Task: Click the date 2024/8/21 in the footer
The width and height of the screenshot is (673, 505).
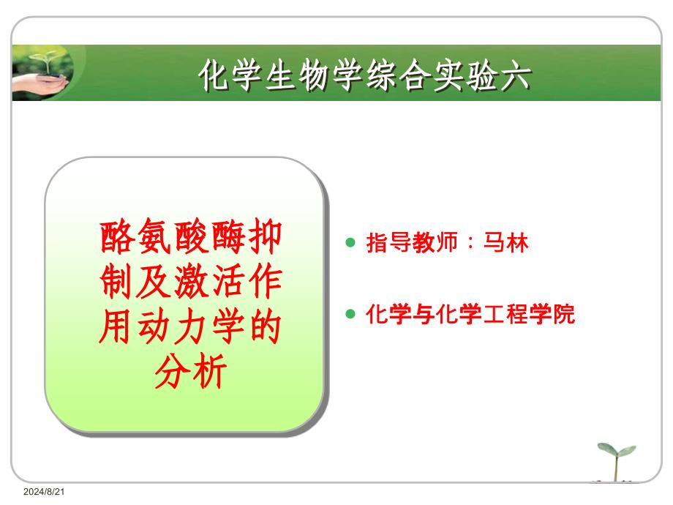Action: [44, 492]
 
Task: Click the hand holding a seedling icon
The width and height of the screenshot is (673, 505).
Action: [42, 73]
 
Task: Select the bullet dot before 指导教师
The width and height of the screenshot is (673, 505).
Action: [350, 243]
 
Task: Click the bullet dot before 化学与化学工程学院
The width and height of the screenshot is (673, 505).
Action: [350, 314]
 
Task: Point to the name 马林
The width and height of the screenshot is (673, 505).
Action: [505, 243]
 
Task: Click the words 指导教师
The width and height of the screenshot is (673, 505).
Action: [412, 243]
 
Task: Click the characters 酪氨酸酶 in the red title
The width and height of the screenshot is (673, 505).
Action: [172, 236]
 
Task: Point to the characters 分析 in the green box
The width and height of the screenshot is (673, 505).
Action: [191, 372]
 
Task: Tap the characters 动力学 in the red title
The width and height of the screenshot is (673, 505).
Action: [190, 327]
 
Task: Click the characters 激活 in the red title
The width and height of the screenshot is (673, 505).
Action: [209, 282]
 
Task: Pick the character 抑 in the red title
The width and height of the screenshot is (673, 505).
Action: [264, 236]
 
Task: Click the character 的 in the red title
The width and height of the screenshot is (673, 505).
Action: [264, 327]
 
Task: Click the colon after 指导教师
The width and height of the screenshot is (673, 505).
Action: [471, 244]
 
